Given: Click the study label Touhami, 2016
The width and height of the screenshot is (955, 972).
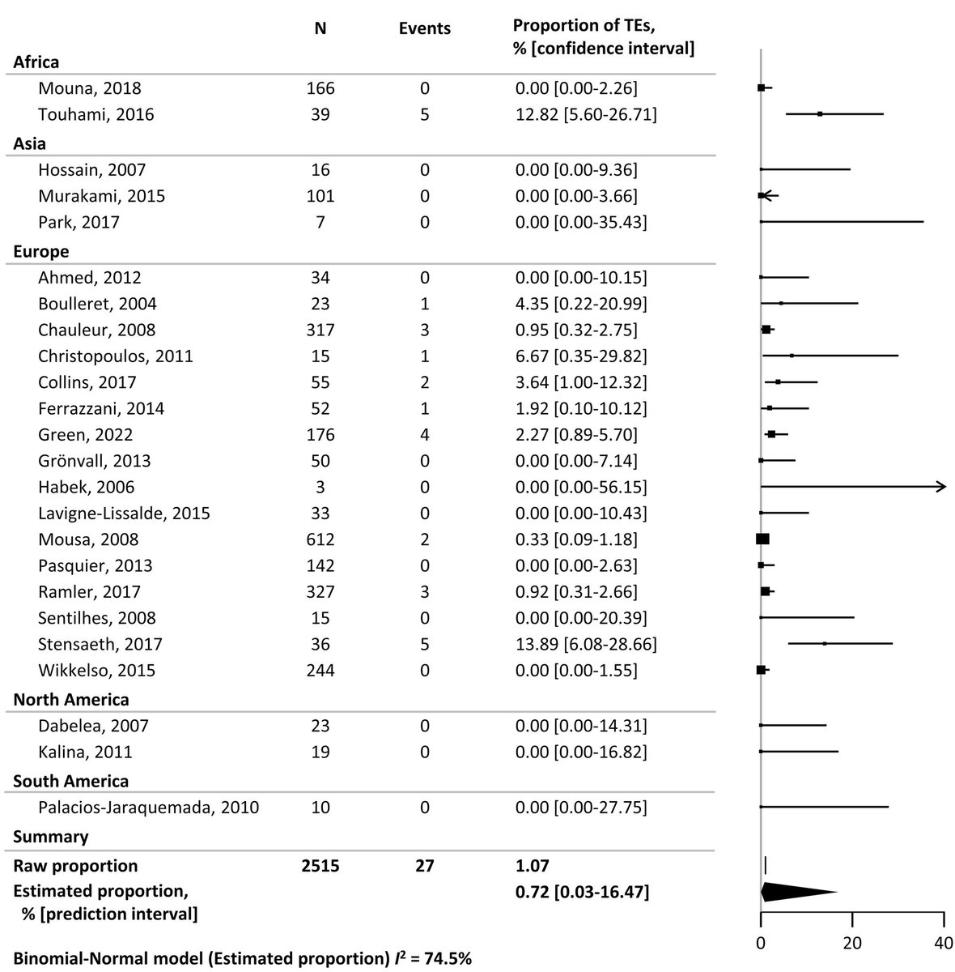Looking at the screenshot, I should pos(95,114).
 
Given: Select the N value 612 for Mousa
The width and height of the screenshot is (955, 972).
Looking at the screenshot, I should pos(320,539).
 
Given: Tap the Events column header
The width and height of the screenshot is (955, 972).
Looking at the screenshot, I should pos(425,28).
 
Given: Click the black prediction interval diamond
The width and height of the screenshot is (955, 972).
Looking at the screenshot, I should pos(797,892).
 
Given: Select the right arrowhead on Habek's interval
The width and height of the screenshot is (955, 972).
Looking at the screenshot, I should pos(940,487).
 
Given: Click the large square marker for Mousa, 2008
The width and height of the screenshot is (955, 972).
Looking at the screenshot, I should pos(762,539).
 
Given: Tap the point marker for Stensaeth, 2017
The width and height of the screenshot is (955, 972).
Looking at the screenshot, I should pos(824,644).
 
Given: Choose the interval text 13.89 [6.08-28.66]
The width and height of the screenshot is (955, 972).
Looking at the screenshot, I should pos(586,645).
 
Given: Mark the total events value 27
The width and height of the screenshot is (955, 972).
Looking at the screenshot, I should pos(425,866).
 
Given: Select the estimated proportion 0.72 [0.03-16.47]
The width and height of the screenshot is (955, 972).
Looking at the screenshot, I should pos(581,893).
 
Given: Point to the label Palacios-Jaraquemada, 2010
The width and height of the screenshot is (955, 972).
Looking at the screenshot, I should pos(148,808).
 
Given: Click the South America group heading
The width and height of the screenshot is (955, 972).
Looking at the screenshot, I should pos(71,781).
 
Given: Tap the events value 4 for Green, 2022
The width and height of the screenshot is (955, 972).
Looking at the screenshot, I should pos(425,435).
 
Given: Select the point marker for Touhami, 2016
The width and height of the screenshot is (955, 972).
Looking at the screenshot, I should pos(819,114).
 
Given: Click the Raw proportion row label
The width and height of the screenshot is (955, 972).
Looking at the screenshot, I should pos(75,866).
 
